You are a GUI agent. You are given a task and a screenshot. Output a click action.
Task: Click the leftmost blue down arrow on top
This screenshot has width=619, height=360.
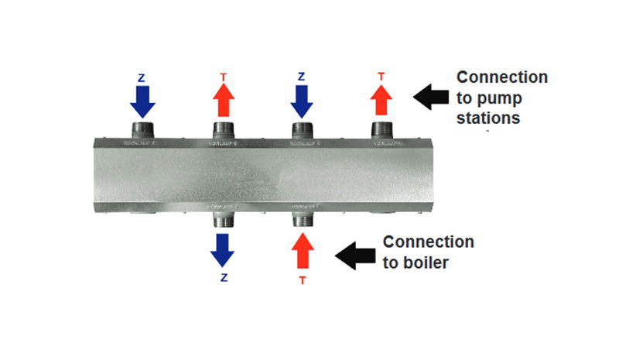(x=142, y=99)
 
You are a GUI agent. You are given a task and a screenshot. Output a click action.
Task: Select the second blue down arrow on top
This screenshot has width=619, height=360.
(x=301, y=99)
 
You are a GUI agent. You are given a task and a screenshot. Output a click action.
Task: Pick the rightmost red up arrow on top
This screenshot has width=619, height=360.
(x=381, y=99)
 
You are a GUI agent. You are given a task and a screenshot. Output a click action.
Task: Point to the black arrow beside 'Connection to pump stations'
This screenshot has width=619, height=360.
(x=430, y=98)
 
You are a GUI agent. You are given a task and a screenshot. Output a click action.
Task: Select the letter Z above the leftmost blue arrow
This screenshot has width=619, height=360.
(x=142, y=77)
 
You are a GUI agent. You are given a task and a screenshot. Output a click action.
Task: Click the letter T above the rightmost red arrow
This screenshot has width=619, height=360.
(x=381, y=77)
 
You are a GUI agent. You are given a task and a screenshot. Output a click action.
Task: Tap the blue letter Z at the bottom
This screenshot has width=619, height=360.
(x=223, y=277)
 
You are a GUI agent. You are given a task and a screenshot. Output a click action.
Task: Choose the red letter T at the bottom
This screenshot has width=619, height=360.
(x=302, y=279)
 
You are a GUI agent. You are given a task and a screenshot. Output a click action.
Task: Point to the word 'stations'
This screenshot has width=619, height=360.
(x=488, y=118)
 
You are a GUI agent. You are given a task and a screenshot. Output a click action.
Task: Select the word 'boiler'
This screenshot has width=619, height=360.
(x=425, y=262)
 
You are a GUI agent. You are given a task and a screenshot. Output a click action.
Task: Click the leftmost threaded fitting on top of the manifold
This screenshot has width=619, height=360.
(x=143, y=129)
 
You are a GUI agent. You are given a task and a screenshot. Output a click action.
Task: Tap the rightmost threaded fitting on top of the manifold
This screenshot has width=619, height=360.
(x=381, y=129)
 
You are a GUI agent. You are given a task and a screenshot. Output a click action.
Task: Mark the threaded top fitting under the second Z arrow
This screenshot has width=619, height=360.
(x=302, y=129)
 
